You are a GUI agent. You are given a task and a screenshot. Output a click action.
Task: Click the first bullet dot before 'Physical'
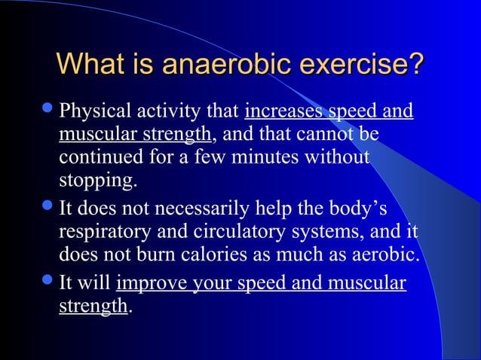(x=49, y=111)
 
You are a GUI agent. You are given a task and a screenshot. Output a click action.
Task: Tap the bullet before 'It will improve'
(x=49, y=282)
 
